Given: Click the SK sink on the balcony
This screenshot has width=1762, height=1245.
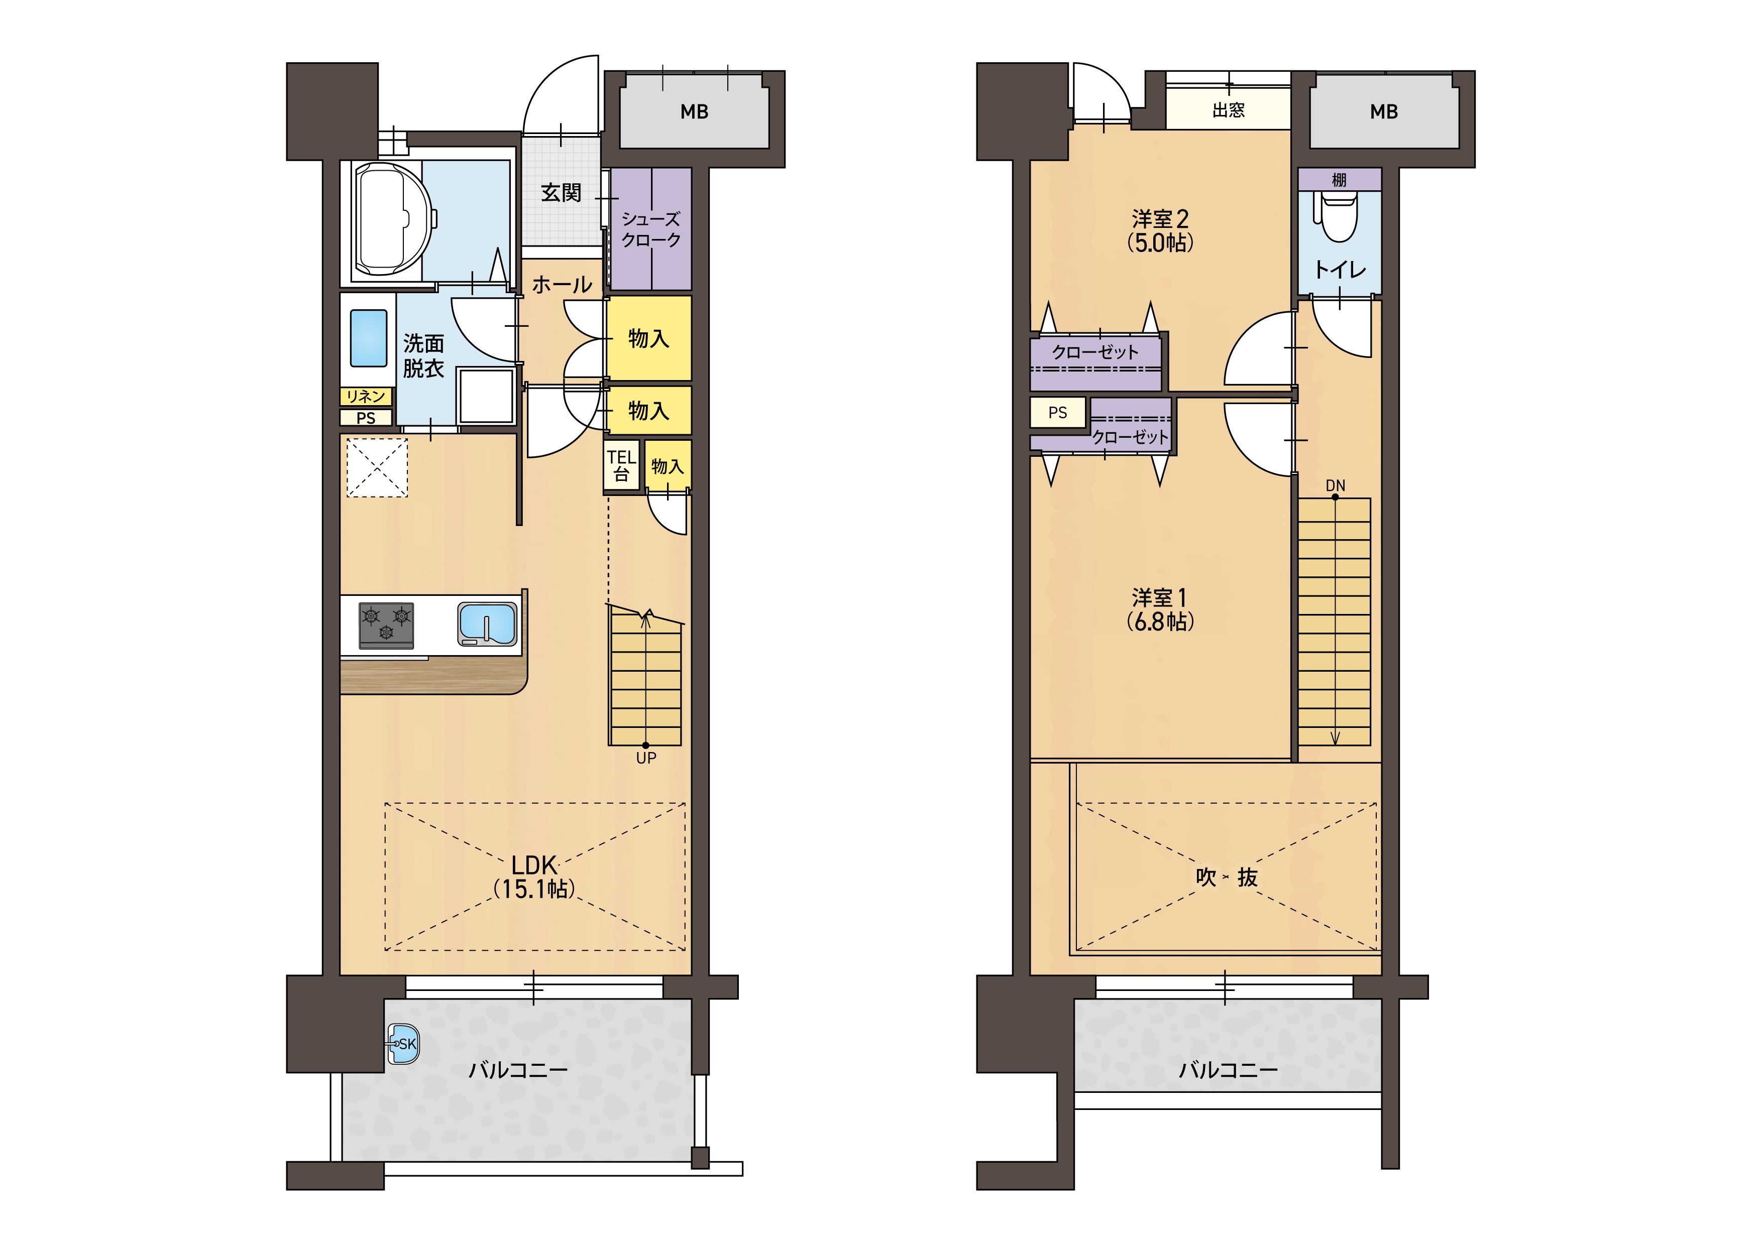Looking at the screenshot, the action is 403,1044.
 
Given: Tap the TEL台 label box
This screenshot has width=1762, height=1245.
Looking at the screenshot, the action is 622,465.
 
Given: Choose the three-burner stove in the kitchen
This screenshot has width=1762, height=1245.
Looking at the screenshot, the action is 386,625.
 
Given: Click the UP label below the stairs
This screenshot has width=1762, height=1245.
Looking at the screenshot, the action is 646,758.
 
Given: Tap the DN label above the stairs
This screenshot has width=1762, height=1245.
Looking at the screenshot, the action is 1336,485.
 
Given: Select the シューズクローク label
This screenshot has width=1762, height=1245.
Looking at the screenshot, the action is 651,229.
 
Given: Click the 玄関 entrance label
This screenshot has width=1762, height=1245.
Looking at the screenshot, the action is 561,193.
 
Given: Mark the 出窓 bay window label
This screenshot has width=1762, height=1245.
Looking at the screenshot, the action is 1228,110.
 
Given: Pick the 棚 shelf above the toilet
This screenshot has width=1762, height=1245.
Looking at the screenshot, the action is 1339,180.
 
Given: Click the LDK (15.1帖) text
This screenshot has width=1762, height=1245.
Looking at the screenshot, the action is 534,877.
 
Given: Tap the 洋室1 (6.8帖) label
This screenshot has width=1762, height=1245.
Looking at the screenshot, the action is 1160,609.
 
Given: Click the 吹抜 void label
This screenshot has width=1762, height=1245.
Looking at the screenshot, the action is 1227,878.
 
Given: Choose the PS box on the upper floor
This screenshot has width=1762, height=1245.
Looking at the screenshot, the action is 1057,413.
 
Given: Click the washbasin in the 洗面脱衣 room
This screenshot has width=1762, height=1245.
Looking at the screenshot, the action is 368,338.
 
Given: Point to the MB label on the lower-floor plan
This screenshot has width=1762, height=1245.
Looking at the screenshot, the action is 695,112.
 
